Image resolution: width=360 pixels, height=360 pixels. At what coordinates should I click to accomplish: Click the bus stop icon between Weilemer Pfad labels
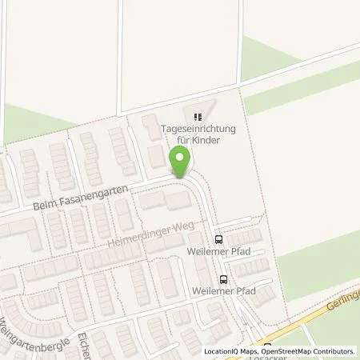click(x=223, y=279)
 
